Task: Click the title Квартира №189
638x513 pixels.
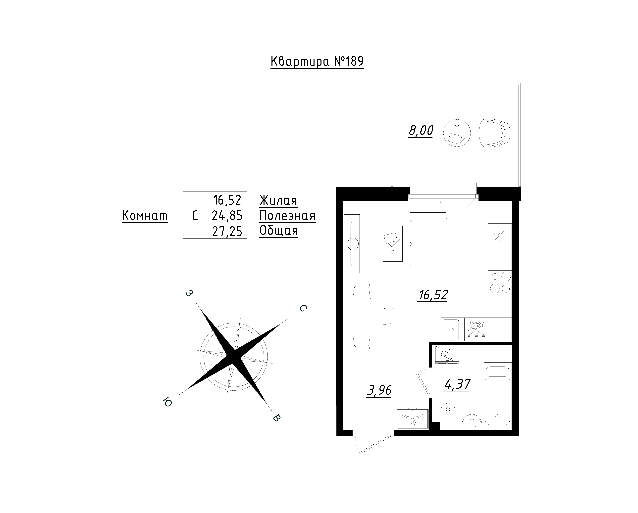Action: click(x=317, y=62)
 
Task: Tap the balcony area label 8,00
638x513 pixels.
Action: click(x=421, y=131)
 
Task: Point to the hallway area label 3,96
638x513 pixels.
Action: click(x=379, y=390)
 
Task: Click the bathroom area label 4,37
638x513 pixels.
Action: click(x=458, y=384)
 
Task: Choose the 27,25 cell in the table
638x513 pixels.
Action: click(x=227, y=231)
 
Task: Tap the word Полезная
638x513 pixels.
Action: click(x=287, y=216)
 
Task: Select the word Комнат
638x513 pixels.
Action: click(x=145, y=216)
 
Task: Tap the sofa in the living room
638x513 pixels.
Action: click(x=428, y=244)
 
